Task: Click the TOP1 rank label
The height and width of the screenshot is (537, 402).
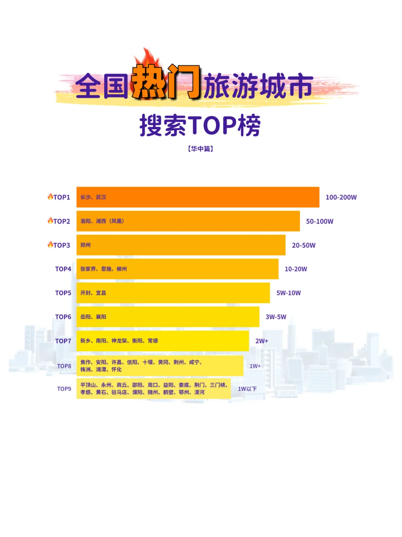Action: click(62, 197)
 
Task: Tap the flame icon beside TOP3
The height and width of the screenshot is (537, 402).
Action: click(50, 244)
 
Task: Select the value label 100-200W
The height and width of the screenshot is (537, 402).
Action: click(341, 197)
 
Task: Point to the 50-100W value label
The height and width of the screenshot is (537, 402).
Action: click(319, 221)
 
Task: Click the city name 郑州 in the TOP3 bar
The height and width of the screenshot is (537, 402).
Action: click(86, 245)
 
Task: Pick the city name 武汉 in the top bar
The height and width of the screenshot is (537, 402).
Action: click(101, 197)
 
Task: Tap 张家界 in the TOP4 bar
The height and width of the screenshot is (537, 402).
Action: click(88, 269)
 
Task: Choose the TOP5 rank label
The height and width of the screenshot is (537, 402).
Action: click(63, 293)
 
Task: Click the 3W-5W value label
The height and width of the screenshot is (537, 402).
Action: click(276, 317)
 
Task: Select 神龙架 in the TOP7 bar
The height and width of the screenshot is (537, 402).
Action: click(119, 341)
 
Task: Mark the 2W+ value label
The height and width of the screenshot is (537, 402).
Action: click(262, 341)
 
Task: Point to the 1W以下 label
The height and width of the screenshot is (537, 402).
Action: click(247, 389)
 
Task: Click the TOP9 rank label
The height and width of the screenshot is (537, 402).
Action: click(64, 389)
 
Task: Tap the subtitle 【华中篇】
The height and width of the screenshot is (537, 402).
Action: click(201, 149)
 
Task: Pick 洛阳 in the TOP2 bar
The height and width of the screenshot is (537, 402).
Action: click(86, 221)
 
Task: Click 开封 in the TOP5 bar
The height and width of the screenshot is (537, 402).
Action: click(86, 293)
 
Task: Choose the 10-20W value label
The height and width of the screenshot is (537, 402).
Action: click(296, 269)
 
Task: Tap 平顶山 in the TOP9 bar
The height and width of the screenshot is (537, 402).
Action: click(88, 385)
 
